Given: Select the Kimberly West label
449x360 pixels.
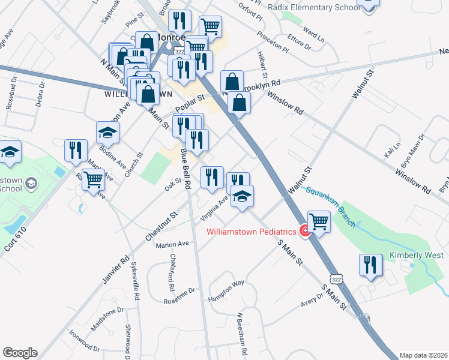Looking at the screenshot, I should click(x=415, y=255).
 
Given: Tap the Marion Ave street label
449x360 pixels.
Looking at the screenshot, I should click(x=172, y=244).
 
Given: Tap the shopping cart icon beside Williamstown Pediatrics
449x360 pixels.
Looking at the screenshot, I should click(x=319, y=221).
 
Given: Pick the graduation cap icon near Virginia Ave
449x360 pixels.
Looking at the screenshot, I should click(x=242, y=196).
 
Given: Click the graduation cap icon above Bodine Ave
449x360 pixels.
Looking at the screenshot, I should click(x=107, y=132).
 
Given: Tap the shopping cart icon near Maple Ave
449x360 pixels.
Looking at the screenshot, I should click(x=92, y=179).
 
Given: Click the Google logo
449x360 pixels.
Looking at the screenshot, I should click(x=20, y=353).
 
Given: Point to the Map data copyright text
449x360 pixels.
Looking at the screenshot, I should click(x=423, y=355).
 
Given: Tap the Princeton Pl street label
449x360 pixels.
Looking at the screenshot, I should click(x=271, y=40).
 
